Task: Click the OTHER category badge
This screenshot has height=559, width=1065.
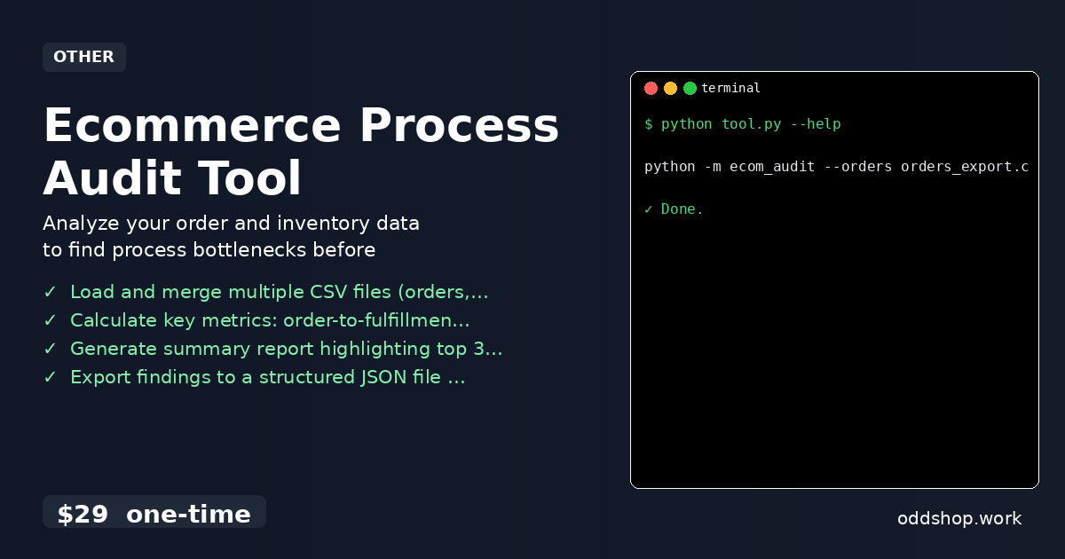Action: pyautogui.click(x=83, y=57)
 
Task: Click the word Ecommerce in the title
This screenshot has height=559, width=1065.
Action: pyautogui.click(x=188, y=126)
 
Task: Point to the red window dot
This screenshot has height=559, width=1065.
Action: pyautogui.click(x=651, y=88)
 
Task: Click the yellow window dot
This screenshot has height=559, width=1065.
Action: pyautogui.click(x=670, y=88)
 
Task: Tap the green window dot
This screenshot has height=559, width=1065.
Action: pyautogui.click(x=690, y=88)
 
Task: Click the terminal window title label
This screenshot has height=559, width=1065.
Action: pyautogui.click(x=730, y=88)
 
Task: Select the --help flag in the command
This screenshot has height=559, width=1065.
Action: pyautogui.click(x=815, y=124)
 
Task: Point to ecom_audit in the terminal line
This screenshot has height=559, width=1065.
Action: pyautogui.click(x=772, y=167)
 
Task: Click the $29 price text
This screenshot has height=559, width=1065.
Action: pyautogui.click(x=83, y=515)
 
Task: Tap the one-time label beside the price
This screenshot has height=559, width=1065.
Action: pyautogui.click(x=188, y=515)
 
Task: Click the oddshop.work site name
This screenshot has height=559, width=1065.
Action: pyautogui.click(x=959, y=518)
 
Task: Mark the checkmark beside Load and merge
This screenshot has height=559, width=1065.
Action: pyautogui.click(x=50, y=292)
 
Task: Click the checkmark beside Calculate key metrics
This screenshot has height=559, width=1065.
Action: pyautogui.click(x=50, y=320)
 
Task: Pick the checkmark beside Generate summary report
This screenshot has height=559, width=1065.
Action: pyautogui.click(x=50, y=349)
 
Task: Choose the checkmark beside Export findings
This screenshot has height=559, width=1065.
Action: pyautogui.click(x=50, y=377)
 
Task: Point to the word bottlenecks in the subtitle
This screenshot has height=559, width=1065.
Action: pyautogui.click(x=248, y=250)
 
